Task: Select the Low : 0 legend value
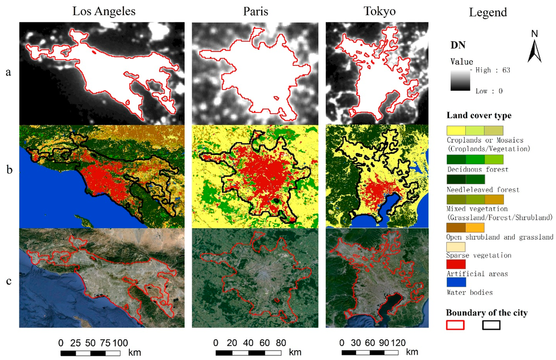point(491,91)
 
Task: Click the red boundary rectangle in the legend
point(455,325)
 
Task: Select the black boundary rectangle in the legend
point(491,325)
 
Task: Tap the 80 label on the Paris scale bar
point(280,343)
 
